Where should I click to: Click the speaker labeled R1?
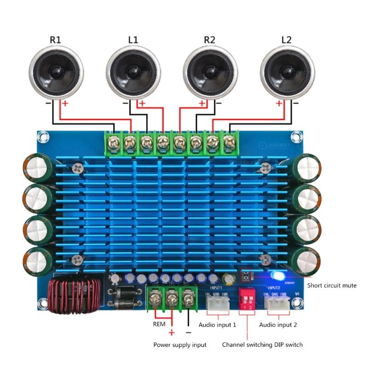[56, 72]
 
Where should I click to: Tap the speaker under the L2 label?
[287, 72]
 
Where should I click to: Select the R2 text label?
[209, 40]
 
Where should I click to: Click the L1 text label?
[133, 40]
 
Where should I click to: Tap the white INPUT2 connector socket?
[277, 302]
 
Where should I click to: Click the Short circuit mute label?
[332, 285]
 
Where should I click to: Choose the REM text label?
[159, 324]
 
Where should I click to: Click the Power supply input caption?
[180, 345]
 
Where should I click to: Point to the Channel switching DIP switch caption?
[262, 345]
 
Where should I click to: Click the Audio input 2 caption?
[278, 325]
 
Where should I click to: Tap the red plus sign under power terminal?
[172, 333]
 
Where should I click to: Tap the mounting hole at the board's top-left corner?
[43, 137]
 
